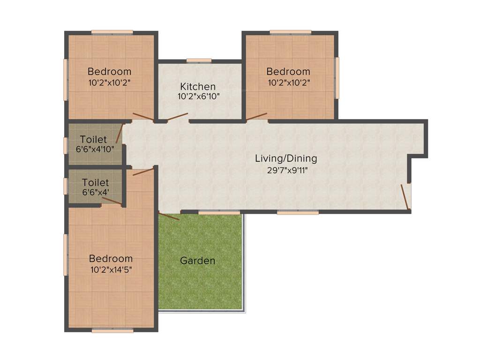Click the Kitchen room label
[198, 87]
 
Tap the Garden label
[198, 261]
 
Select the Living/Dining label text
[286, 158]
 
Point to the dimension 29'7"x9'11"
[286, 170]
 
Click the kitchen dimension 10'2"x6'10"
[198, 97]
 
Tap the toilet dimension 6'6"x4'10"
[95, 150]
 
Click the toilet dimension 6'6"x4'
[95, 193]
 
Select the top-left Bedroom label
[109, 72]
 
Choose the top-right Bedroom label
[288, 72]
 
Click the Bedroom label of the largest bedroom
[111, 258]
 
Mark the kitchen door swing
[178, 117]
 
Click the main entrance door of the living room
[405, 196]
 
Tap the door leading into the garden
[169, 216]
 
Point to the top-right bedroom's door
[257, 116]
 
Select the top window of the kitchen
[199, 60]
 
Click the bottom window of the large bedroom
[112, 330]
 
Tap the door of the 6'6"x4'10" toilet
[120, 133]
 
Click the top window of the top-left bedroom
[112, 32]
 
